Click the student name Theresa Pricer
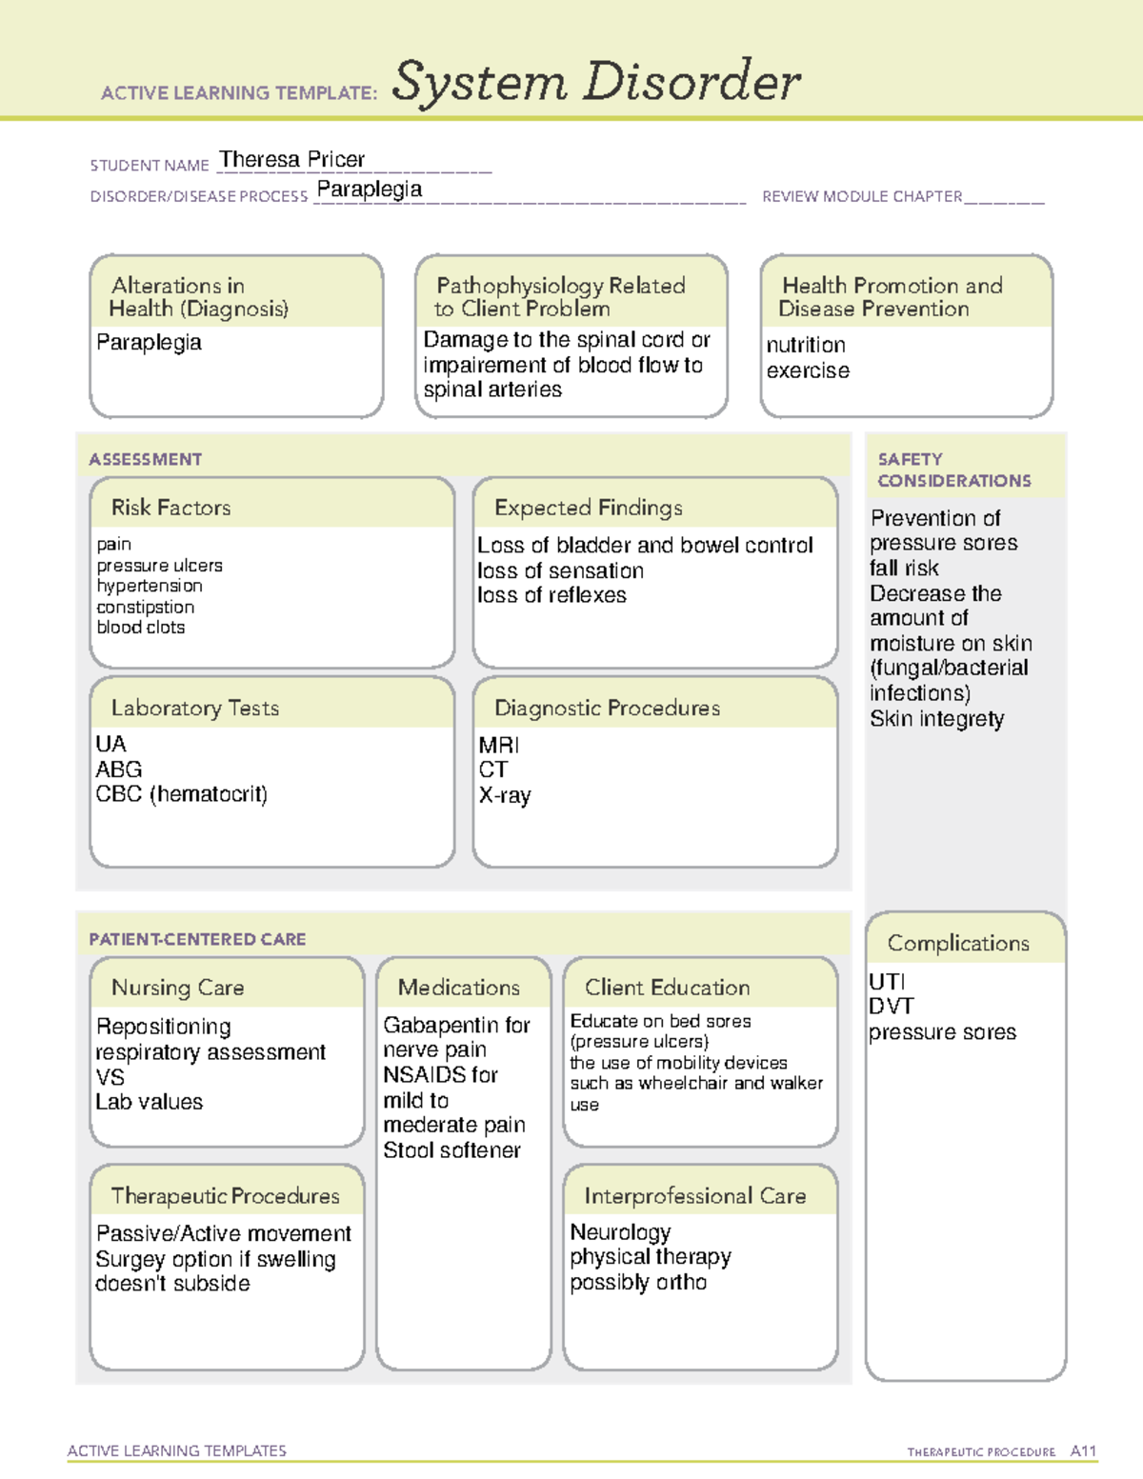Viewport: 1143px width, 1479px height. [x=291, y=159]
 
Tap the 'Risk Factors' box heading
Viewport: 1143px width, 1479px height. [x=171, y=508]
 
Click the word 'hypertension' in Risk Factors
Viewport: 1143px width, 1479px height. [x=150, y=586]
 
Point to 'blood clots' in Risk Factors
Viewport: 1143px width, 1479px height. [x=141, y=628]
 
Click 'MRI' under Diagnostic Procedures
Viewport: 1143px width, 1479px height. [x=499, y=745]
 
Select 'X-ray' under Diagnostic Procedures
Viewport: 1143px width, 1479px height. [x=505, y=795]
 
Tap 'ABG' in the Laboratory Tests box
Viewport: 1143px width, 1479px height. [x=119, y=769]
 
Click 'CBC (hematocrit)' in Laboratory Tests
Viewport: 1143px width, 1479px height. [x=182, y=794]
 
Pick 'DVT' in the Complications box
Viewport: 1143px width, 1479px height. [x=892, y=1007]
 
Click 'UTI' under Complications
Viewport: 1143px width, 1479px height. [x=887, y=982]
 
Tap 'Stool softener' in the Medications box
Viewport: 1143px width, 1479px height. [x=451, y=1150]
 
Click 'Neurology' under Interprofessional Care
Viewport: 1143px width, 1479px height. [x=620, y=1231]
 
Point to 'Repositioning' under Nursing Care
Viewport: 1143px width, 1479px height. [x=164, y=1027]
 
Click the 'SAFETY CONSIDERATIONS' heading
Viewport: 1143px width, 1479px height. [x=953, y=470]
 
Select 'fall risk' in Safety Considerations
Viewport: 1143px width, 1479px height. [x=904, y=569]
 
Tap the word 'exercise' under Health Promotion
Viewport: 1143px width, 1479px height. [x=808, y=370]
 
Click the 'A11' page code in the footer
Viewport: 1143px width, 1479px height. [x=1083, y=1451]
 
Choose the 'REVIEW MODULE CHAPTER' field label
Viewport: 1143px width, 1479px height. [x=862, y=196]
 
